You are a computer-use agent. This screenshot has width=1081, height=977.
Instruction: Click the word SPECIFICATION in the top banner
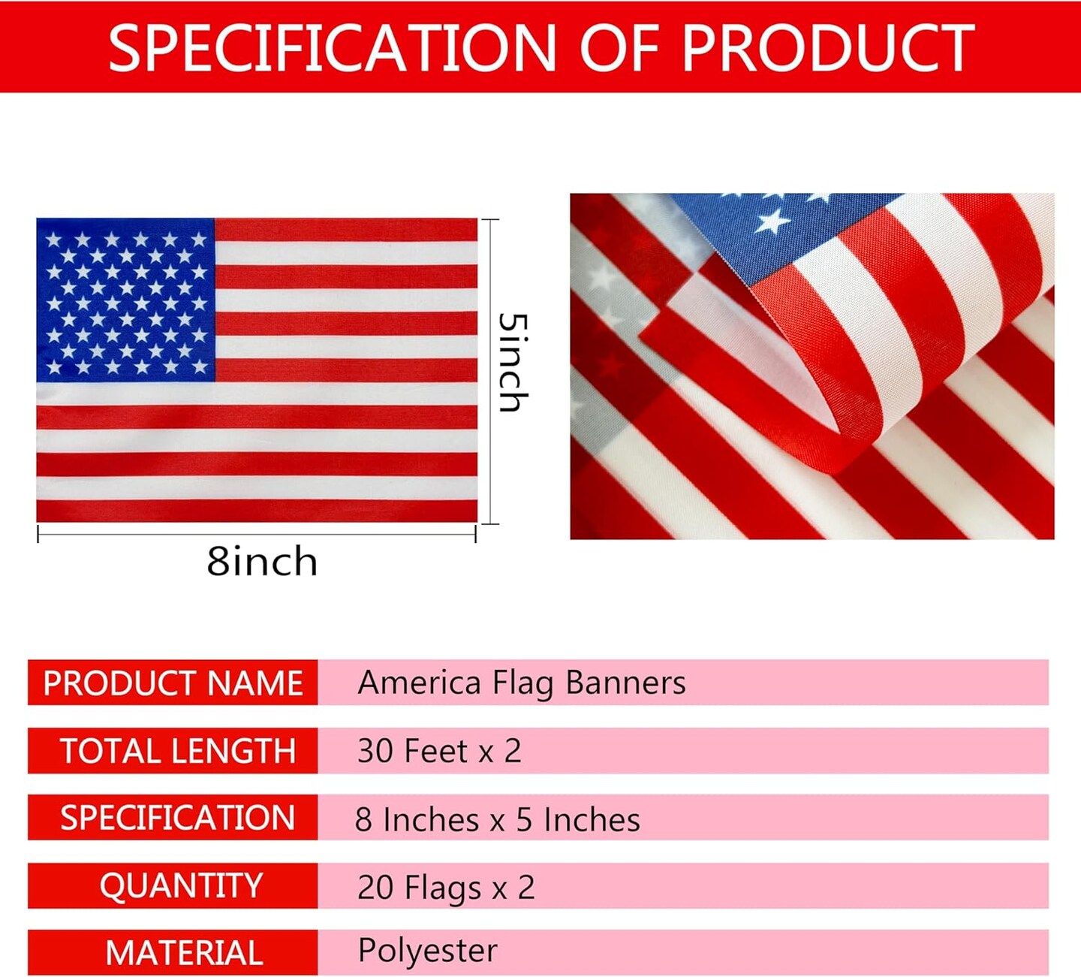coord(332,48)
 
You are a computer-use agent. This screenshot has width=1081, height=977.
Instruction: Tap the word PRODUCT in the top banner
coord(828,48)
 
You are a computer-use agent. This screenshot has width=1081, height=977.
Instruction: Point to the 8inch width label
coord(262,561)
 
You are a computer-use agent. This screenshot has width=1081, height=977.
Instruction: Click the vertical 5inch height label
coord(513,362)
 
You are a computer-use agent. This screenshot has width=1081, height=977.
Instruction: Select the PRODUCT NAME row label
coord(173,683)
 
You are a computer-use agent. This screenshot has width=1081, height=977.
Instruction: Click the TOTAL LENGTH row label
coord(178,751)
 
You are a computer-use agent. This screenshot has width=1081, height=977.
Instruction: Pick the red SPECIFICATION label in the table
coord(178,818)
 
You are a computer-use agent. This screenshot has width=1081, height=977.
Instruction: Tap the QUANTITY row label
coord(181,886)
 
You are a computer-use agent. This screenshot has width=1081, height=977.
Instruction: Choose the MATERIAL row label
coord(185,953)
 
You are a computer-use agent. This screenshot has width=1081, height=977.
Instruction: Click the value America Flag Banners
coord(521,683)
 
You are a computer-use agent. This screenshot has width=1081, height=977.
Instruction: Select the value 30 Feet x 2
coord(439,750)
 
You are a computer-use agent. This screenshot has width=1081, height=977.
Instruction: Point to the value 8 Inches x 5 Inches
coord(498,819)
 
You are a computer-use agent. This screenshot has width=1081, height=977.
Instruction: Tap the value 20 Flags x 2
coord(446,888)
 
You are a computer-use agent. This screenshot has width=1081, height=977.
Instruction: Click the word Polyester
coord(427,951)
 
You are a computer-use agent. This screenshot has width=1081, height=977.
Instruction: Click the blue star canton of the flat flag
coord(125,300)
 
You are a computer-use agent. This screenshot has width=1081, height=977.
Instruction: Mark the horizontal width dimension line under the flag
coord(257,535)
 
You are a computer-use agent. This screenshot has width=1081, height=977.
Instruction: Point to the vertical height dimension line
coord(490,372)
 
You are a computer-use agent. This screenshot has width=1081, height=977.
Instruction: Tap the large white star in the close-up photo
coord(772,222)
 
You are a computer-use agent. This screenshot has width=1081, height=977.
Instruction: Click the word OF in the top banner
coord(619,48)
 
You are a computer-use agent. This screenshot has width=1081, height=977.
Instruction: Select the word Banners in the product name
coord(625,683)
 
